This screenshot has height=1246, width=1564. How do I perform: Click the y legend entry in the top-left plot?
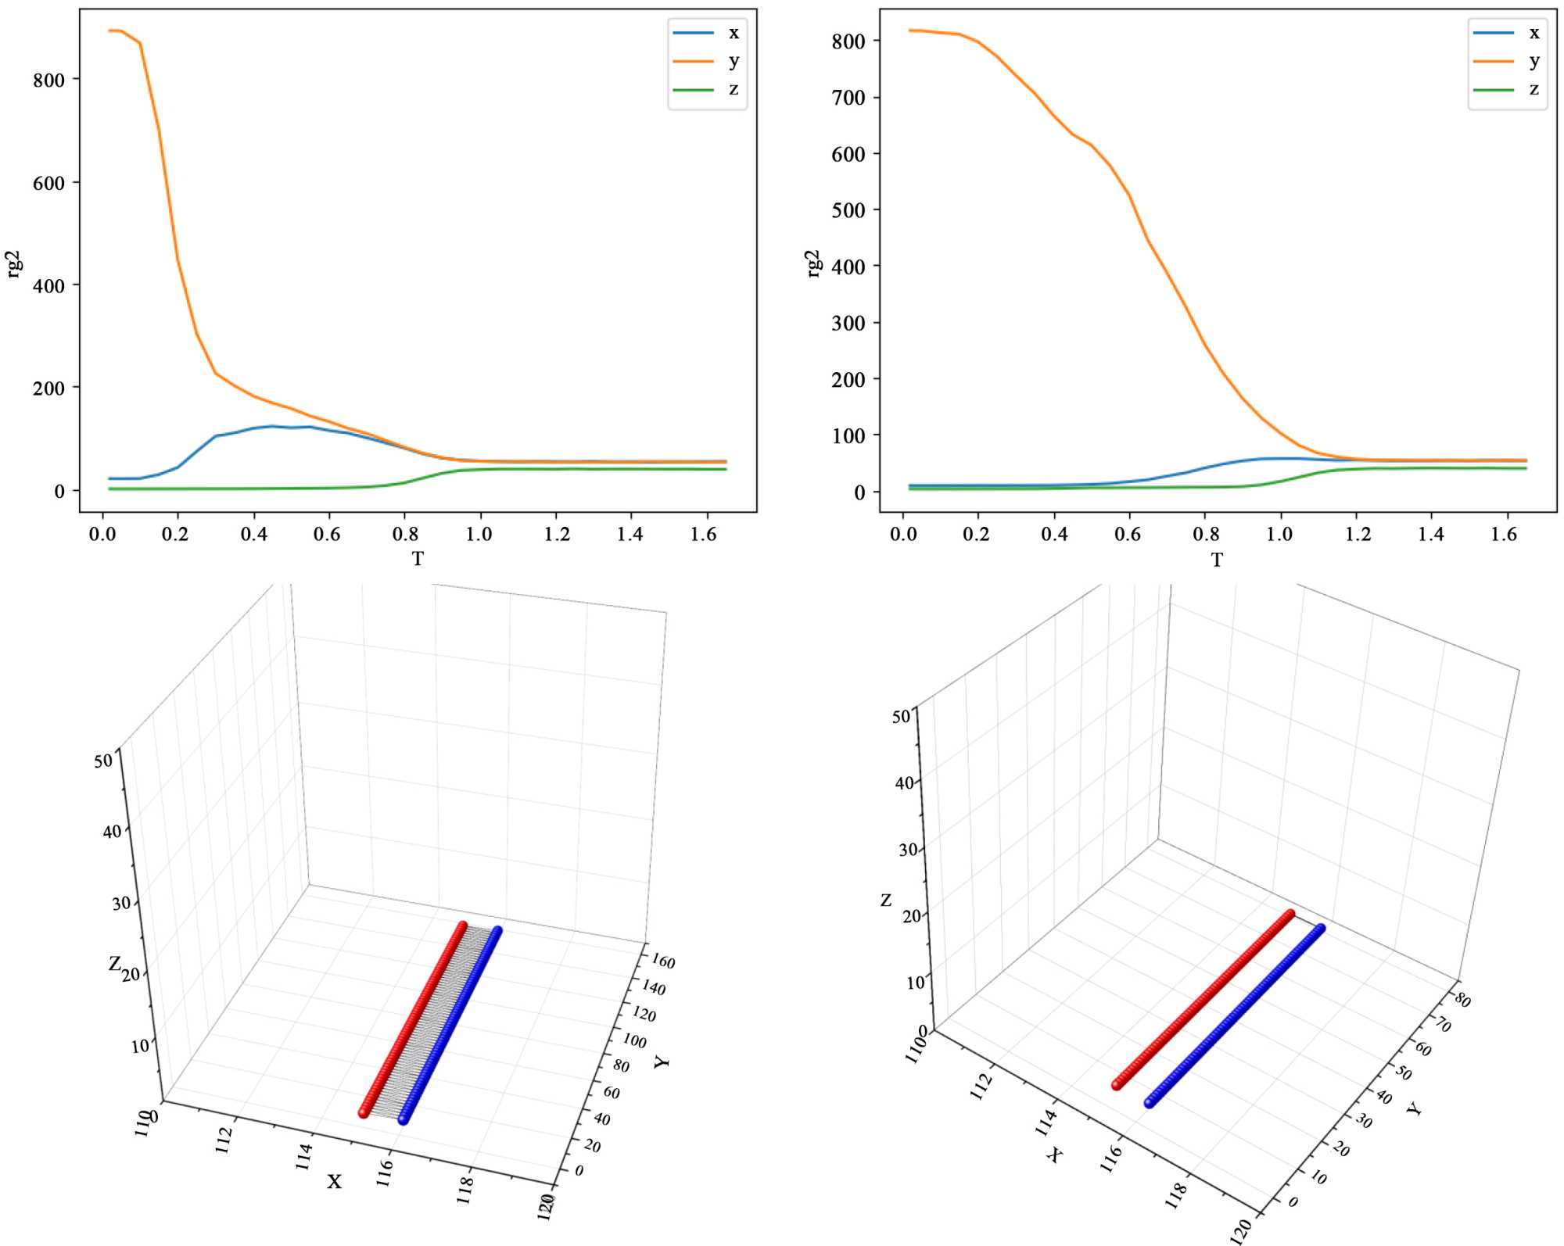coord(734,61)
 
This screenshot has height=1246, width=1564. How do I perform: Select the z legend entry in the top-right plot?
coord(1534,89)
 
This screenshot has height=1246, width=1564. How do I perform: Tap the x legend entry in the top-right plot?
coord(1534,33)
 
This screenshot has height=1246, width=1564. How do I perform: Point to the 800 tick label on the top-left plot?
coord(48,80)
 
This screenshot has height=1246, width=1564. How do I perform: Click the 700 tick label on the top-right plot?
coord(848,98)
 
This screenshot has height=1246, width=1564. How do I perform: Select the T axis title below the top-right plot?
coord(1217,560)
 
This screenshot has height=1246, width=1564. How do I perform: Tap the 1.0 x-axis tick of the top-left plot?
coord(479,534)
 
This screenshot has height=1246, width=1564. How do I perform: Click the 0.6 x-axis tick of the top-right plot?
coord(1128,534)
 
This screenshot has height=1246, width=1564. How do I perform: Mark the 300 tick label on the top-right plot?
coord(848,323)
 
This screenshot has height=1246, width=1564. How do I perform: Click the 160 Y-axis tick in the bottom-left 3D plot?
coord(662,961)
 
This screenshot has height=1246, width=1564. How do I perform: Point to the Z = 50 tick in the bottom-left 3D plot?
coord(102,761)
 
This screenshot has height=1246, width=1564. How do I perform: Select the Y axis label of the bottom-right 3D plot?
coord(1413,1108)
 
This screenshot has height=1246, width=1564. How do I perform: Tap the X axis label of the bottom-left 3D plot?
coord(334,1181)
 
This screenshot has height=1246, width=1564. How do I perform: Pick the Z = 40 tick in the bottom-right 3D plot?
coord(903,782)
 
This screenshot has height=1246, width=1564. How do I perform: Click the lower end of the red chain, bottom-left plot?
coord(364,1112)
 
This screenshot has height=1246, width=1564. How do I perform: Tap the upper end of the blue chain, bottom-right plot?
coord(1321,929)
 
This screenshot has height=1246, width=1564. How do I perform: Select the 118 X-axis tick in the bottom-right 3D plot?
coord(1175,1195)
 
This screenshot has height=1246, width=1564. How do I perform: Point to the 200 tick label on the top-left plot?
coord(48,388)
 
